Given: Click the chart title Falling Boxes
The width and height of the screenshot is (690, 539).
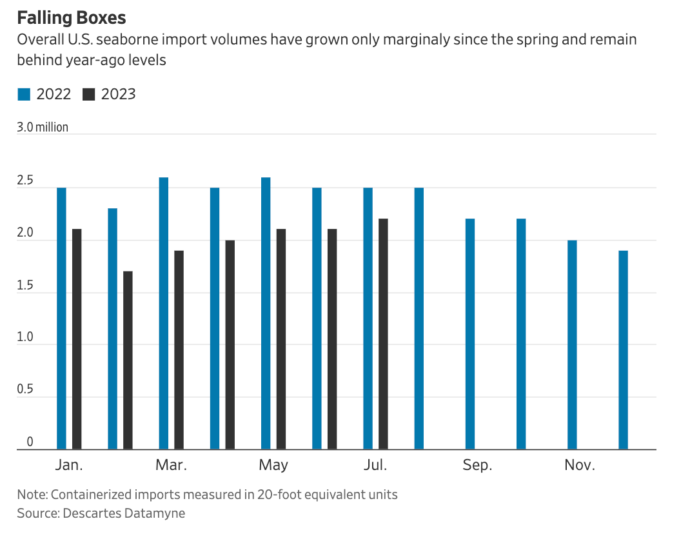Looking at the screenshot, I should tap(72, 17).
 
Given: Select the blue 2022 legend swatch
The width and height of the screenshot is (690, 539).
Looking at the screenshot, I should tap(24, 94).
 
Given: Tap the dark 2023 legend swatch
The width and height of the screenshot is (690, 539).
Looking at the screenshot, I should tap(89, 94).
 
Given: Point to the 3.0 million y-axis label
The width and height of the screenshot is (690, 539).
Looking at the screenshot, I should tap(43, 127).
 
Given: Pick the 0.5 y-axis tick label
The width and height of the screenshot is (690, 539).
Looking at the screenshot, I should tap(26, 391).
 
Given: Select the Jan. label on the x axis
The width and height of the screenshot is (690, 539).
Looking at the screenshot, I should tap(69, 465).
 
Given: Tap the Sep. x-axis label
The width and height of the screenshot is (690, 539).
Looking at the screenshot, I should tap(477, 465).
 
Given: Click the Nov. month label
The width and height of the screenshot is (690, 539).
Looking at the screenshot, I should tap(580, 465).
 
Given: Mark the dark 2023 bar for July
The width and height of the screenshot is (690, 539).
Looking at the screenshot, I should tap(383, 333).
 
